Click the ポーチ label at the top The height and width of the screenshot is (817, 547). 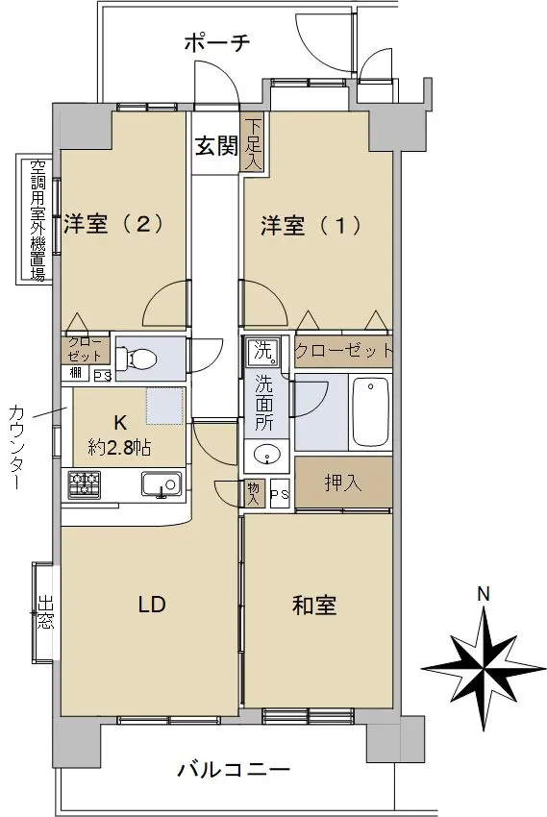(x=218, y=42)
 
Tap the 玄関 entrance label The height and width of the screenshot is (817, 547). (x=216, y=146)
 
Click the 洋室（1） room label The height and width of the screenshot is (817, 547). (x=311, y=226)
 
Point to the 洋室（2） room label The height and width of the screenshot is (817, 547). (x=113, y=224)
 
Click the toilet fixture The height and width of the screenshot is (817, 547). (x=137, y=358)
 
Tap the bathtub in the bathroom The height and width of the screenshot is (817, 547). (x=370, y=412)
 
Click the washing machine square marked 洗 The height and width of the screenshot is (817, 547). (x=264, y=351)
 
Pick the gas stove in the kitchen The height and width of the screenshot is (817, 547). (x=84, y=483)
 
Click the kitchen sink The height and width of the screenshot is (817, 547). (x=162, y=485)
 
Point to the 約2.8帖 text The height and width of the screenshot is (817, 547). (x=120, y=447)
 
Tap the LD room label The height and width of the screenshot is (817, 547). (x=152, y=605)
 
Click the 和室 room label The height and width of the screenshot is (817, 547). (x=314, y=606)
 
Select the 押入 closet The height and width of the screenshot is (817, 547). (x=343, y=483)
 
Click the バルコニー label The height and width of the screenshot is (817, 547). (x=234, y=769)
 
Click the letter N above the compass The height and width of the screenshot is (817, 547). (x=485, y=595)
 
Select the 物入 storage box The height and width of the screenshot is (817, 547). (x=254, y=493)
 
